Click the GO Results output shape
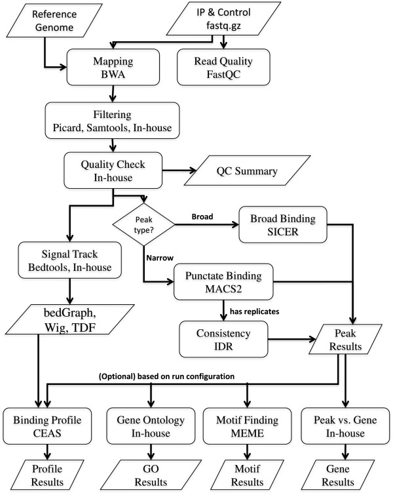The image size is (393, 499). tap(152, 474)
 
